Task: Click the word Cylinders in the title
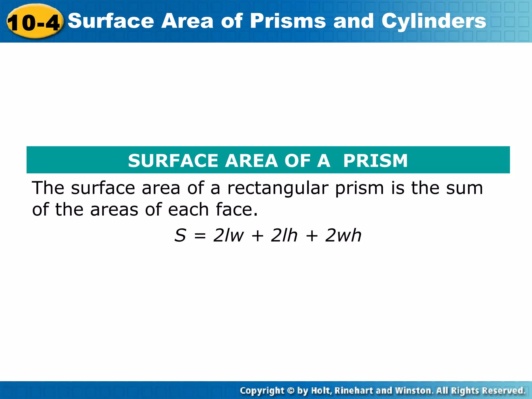[434, 21]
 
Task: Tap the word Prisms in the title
[288, 21]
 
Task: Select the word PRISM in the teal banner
[375, 161]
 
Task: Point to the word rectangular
[278, 188]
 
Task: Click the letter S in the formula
[180, 235]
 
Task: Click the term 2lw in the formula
[228, 235]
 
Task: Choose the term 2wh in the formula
[343, 235]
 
